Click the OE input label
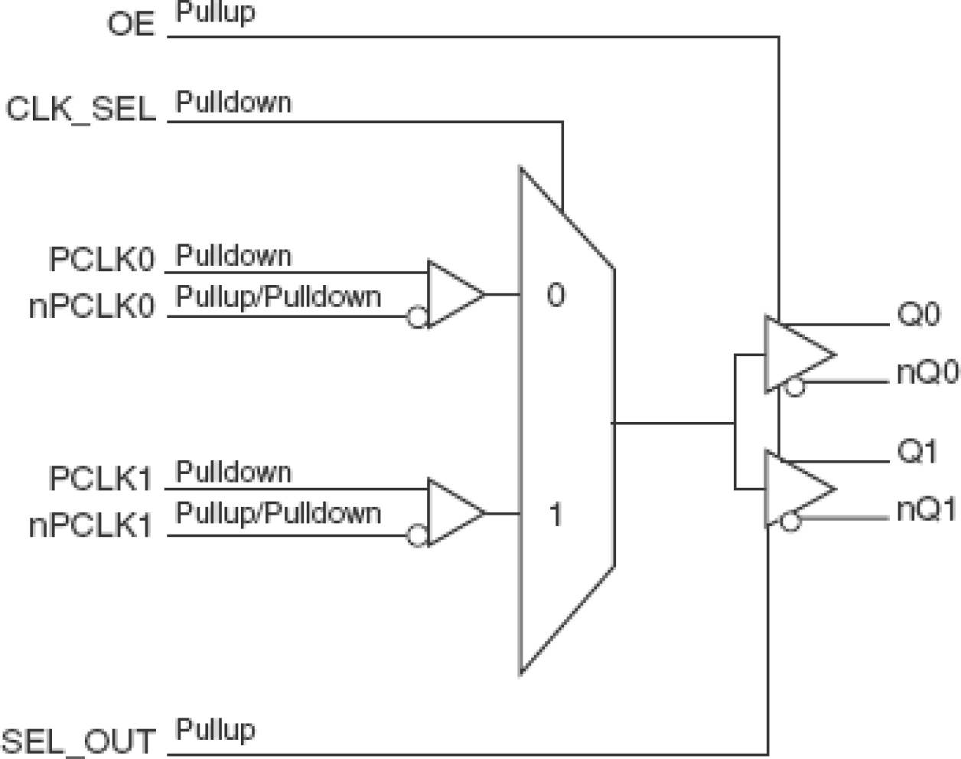click(x=131, y=24)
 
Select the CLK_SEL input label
click(x=81, y=109)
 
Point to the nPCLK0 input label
click(x=92, y=306)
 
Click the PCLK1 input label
click(x=101, y=479)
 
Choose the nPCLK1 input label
click(x=91, y=526)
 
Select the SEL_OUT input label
click(x=79, y=741)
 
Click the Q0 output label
click(x=918, y=314)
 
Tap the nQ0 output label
click(x=927, y=372)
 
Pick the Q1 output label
click(x=917, y=451)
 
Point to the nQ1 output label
click(x=927, y=509)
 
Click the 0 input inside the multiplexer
click(x=556, y=295)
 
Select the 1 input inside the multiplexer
click(x=556, y=515)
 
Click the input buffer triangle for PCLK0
click(x=451, y=294)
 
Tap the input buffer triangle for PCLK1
click(x=451, y=513)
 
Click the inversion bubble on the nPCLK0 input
click(x=416, y=317)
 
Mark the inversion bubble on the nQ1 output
click(x=790, y=522)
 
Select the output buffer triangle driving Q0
click(x=796, y=354)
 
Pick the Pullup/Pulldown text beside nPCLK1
click(x=279, y=512)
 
